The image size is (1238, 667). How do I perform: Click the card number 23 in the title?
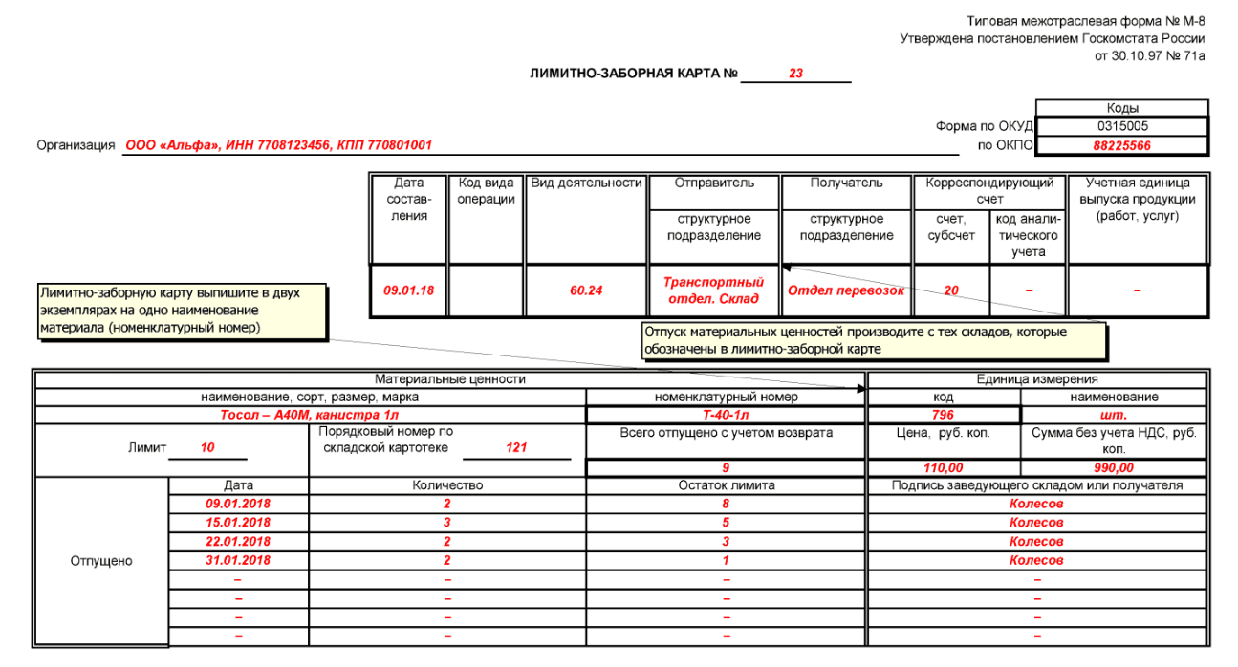pos(795,74)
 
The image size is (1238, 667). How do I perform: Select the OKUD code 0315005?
pos(1122,126)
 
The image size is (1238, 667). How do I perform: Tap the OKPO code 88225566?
pos(1122,146)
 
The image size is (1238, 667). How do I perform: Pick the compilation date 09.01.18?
pos(408,290)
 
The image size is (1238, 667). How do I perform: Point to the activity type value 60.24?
pos(586,290)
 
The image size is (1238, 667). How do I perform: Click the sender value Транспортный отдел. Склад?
pos(714,290)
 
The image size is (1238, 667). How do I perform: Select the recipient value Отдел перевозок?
pos(845,290)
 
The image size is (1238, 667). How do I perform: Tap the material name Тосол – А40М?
pos(310,415)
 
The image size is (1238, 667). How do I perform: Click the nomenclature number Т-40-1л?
pos(726,415)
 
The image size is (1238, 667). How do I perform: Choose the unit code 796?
pos(943,415)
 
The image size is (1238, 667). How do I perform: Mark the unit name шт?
pos(1114,415)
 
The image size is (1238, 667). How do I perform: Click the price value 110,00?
pos(943,468)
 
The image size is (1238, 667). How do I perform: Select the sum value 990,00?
pos(1114,468)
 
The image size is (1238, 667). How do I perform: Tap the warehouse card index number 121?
pos(516,447)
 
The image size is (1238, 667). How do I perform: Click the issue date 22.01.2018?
pos(238,542)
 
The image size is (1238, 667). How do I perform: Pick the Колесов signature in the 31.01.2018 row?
pos(1036,561)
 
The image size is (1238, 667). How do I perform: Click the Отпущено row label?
pos(100,561)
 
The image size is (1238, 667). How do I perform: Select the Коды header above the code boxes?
pos(1122,108)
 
